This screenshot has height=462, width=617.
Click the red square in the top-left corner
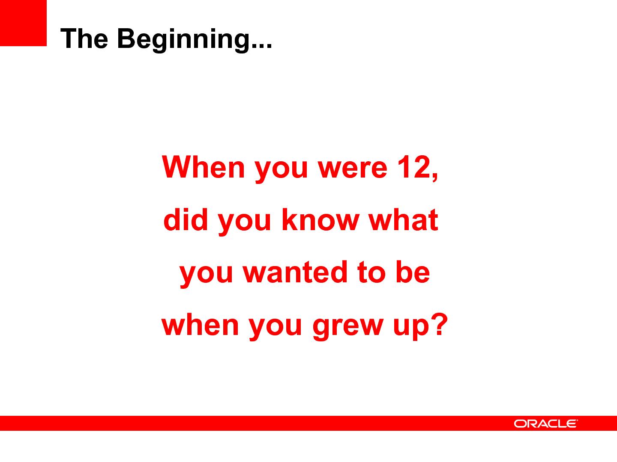click(23, 23)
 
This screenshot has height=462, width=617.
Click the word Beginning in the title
click(183, 39)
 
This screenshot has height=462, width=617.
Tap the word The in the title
click(84, 38)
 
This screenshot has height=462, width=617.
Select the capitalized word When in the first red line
click(204, 167)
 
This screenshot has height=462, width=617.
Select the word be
click(413, 272)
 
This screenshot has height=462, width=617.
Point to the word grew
click(348, 327)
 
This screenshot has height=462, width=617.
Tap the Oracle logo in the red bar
click(546, 423)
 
